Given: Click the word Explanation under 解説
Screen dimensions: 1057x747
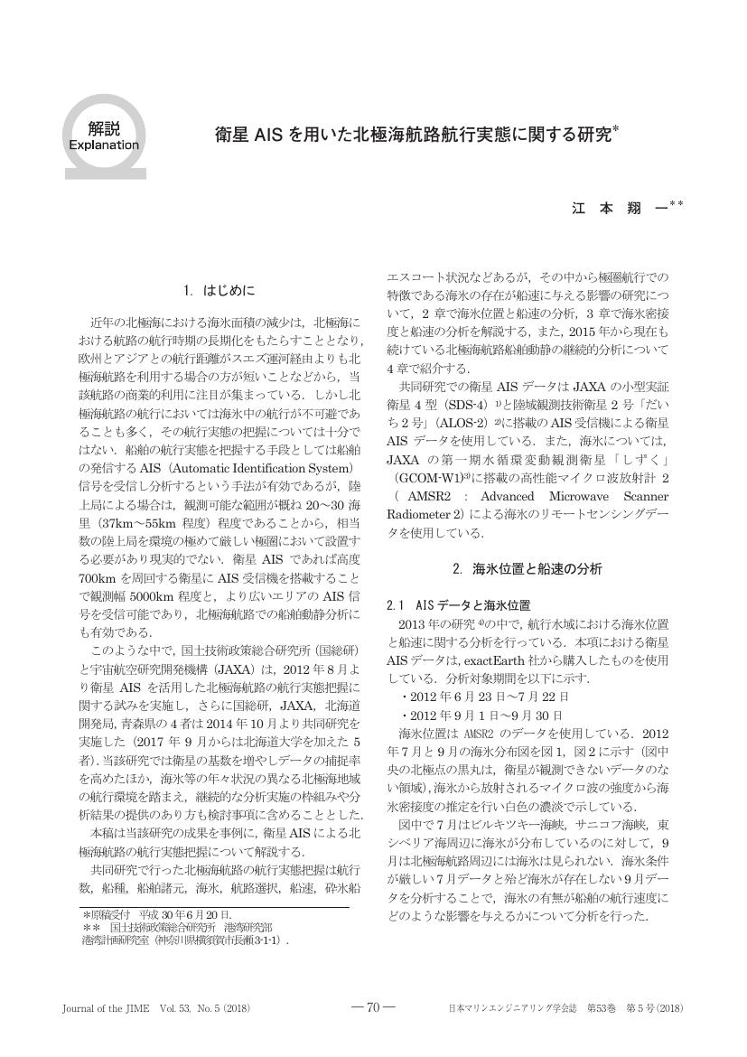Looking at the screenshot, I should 103,145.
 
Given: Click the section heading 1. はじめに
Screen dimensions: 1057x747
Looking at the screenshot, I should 219,291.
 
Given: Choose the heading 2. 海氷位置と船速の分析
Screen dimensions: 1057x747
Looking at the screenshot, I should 526,569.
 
